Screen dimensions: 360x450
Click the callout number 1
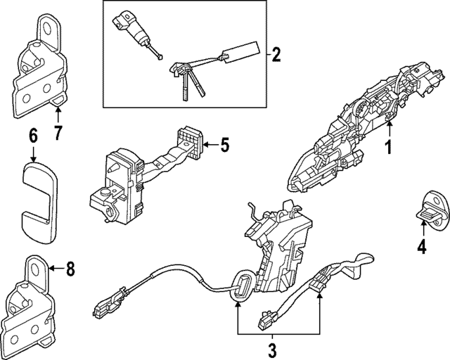[386, 148]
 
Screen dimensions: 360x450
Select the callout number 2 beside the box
[276, 53]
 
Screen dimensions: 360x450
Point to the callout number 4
[421, 247]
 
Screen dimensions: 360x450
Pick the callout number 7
[58, 131]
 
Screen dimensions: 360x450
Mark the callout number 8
[69, 269]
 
